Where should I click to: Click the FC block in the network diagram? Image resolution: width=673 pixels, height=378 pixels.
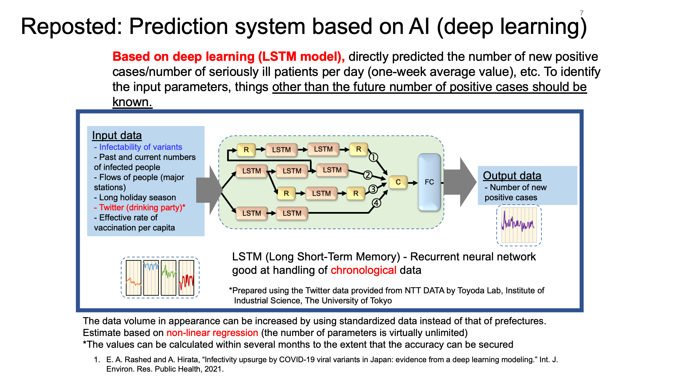point(429,182)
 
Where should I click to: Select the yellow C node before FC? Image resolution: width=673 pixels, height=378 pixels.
point(398,182)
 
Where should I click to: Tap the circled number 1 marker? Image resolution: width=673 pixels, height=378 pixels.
point(374,157)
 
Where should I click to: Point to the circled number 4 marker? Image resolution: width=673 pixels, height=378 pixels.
point(376,203)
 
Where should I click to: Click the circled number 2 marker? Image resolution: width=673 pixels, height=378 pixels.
point(368,175)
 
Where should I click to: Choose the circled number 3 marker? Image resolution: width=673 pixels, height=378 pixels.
point(373,189)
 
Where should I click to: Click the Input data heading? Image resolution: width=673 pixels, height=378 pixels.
point(117,135)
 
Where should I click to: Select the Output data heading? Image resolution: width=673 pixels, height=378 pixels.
point(512,175)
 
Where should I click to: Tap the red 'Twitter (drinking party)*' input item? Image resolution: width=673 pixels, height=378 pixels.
point(140,207)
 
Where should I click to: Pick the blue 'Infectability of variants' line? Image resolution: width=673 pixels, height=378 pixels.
point(138,147)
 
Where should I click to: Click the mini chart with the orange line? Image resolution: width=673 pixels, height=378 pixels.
point(134,278)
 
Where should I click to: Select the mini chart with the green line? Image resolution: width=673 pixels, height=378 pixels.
point(169,278)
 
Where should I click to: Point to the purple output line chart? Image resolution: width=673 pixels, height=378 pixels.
point(519,225)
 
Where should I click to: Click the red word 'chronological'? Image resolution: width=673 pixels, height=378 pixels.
point(363,270)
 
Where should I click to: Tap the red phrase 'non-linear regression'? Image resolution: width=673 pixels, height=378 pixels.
point(212,333)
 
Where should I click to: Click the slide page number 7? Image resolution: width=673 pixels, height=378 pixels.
point(581,13)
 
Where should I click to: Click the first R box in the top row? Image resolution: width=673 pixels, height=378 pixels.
point(246,150)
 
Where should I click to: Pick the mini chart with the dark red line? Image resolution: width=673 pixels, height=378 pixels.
point(186,278)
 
